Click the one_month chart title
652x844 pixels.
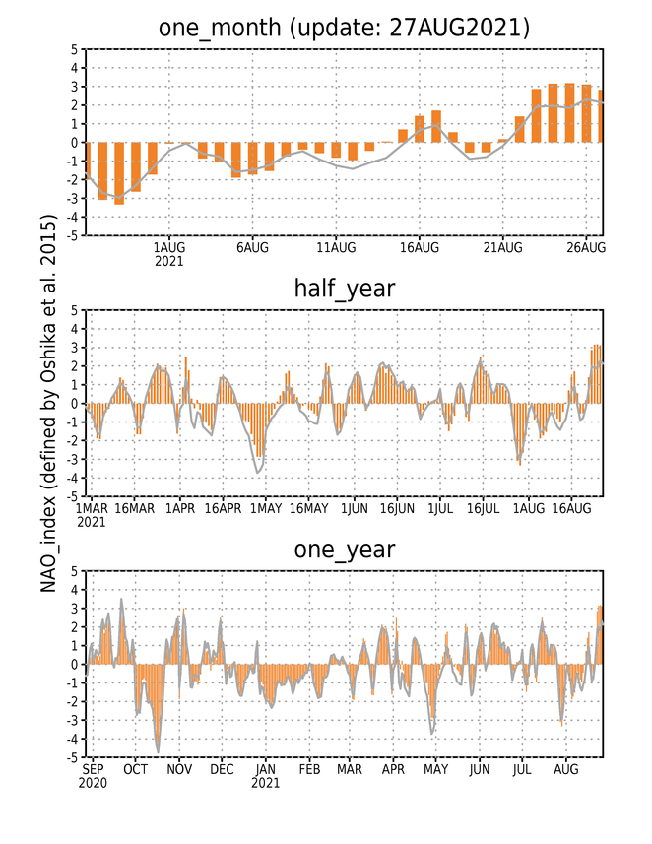pos(344,28)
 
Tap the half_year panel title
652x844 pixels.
pos(344,290)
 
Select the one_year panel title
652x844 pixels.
pos(344,551)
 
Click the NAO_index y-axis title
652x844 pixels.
pos(48,403)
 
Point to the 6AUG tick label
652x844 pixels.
pos(252,247)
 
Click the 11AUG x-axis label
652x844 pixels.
pos(336,247)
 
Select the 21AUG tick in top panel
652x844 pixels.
pos(503,247)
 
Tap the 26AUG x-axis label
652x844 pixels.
pos(586,247)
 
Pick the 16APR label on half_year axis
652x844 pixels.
pos(223,508)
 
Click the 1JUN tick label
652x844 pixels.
pos(355,508)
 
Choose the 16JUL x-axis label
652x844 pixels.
pos(483,508)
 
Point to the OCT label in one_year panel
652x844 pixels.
pos(135,770)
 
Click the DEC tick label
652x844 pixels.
pos(222,770)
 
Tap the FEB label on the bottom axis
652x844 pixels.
pos(309,770)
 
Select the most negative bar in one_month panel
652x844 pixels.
pos(119,173)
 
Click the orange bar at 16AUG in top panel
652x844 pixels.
pos(420,129)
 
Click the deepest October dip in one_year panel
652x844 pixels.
pos(158,752)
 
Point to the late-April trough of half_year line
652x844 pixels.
pos(259,473)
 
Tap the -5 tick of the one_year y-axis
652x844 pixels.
pos(74,757)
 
